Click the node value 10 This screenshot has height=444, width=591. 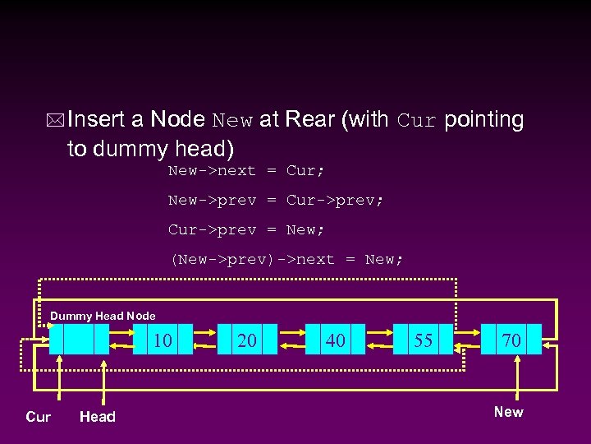(163, 340)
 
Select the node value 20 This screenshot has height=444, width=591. (247, 340)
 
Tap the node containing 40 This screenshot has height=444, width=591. (335, 340)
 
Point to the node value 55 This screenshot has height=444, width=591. (424, 340)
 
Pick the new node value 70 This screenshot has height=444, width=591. (511, 340)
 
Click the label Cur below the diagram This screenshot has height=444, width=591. (39, 417)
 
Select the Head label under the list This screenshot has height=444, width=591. (98, 417)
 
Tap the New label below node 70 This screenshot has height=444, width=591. (508, 412)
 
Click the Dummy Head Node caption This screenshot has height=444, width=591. (103, 316)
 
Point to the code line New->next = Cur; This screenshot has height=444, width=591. (246, 171)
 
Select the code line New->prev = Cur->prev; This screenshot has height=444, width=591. (276, 201)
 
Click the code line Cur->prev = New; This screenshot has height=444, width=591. (246, 230)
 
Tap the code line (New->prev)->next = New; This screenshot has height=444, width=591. (286, 260)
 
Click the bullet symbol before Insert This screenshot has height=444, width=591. (55, 121)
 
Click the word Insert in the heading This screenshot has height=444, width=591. (96, 120)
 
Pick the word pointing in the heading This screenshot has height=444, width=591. (483, 120)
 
